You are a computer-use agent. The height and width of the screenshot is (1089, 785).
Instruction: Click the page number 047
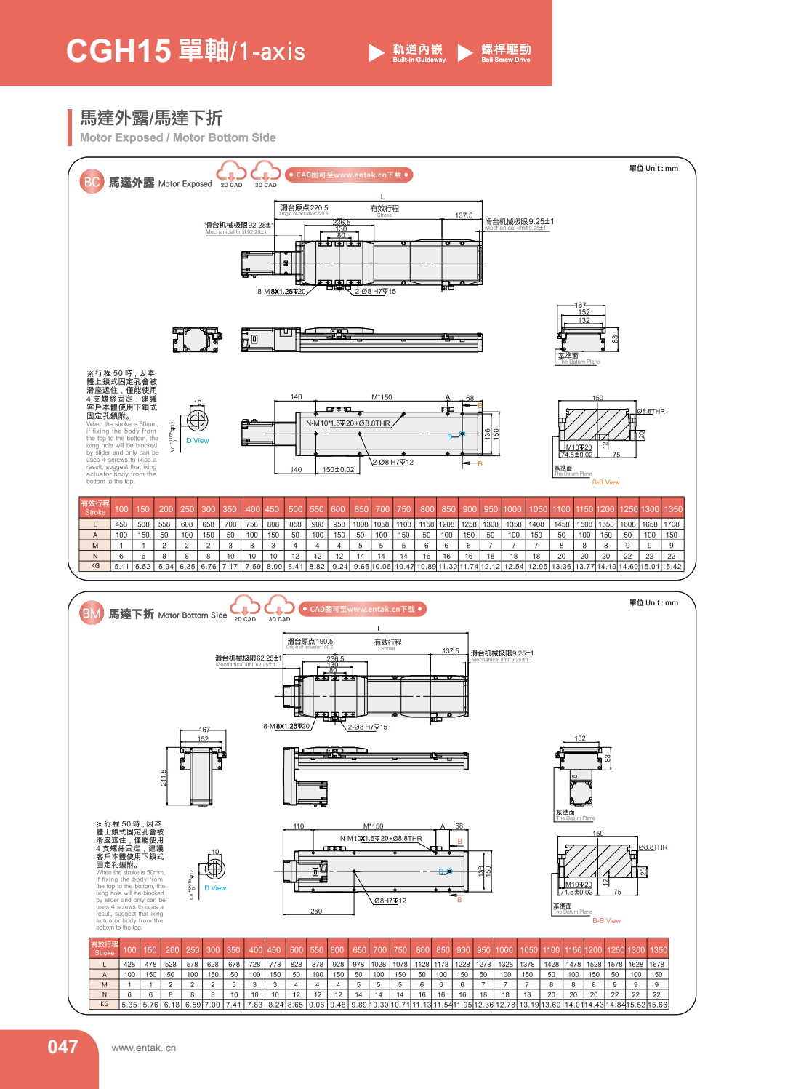63,1047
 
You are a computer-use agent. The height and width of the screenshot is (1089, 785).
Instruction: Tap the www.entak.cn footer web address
144,1048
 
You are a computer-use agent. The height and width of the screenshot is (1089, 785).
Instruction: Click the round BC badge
92,182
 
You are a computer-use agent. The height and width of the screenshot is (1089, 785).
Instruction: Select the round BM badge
92,613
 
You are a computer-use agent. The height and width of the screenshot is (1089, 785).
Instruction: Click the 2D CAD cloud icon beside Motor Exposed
231,174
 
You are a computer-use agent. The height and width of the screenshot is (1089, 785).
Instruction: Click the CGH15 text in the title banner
118,51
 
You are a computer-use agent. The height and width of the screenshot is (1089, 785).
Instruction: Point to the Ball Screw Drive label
506,52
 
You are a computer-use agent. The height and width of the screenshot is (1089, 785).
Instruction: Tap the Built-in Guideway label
419,52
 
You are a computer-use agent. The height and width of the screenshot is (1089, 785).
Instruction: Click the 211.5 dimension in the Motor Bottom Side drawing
164,778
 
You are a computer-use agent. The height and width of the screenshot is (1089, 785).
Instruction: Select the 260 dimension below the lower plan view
316,911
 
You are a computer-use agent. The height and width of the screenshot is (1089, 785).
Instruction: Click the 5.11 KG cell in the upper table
121,567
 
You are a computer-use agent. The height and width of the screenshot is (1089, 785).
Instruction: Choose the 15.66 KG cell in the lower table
657,1005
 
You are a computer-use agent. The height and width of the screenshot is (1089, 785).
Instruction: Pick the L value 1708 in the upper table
672,524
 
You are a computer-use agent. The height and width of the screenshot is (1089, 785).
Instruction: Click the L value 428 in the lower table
129,965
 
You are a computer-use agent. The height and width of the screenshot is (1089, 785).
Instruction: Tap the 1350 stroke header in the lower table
659,950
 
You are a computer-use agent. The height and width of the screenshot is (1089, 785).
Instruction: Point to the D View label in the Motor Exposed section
197,441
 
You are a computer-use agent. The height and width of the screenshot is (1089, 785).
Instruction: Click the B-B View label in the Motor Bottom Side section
606,921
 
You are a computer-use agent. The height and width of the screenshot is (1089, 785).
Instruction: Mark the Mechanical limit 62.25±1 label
248,658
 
